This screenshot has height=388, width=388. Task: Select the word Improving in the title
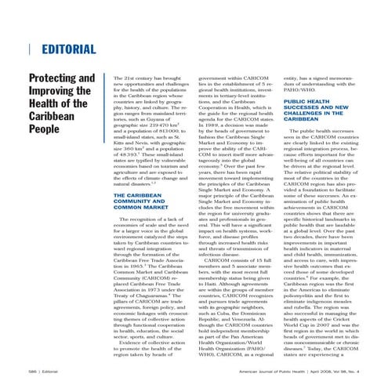click(56, 94)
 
